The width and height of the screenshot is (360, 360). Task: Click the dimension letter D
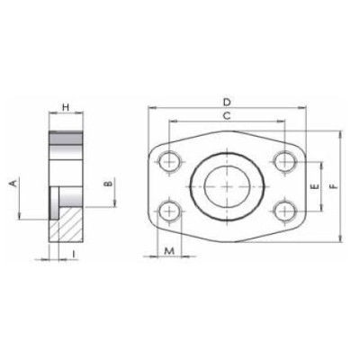[228, 101]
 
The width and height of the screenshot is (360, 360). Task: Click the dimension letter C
[228, 117]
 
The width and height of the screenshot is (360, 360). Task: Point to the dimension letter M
[168, 250]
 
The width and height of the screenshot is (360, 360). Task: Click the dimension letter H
[65, 109]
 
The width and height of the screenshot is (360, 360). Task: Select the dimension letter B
[107, 184]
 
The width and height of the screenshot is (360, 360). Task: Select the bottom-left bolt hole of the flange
[169, 211]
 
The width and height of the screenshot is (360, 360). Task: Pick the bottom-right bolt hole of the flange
[286, 211]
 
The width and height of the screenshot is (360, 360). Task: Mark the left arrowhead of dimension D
[148, 110]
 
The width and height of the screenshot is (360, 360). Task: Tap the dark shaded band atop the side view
[65, 143]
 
